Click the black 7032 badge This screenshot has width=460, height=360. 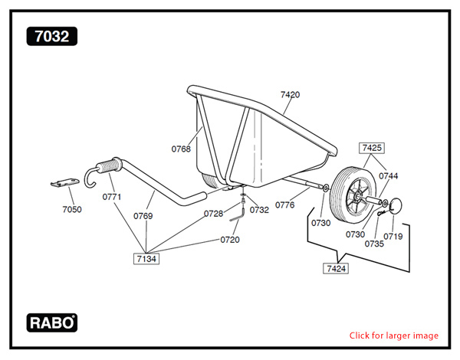point(51,36)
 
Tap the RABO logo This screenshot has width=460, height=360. point(52,322)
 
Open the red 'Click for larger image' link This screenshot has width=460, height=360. point(394,335)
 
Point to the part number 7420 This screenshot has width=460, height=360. point(290,94)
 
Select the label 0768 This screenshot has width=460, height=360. point(181,149)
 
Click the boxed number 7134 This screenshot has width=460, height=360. point(146,259)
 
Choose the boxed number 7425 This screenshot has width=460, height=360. point(372,147)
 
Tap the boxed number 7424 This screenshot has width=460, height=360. point(336,269)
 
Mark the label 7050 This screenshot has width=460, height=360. point(71,208)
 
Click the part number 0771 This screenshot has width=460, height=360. point(112,197)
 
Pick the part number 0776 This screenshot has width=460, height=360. point(285,205)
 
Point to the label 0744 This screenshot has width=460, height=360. point(388,175)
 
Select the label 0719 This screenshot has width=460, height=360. point(393,237)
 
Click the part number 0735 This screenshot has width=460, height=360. point(374,244)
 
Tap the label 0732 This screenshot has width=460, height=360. point(259,209)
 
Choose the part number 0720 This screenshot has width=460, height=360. point(229,240)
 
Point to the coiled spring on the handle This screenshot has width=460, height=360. point(110,165)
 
